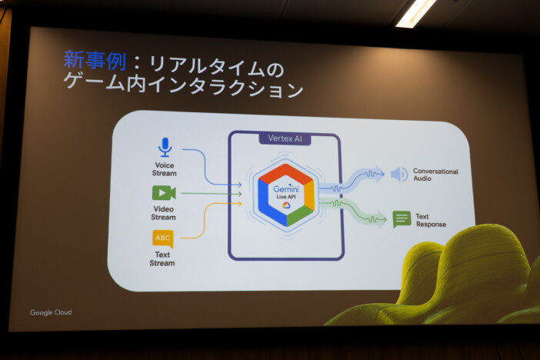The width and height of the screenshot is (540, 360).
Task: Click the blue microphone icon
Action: pos(164,147)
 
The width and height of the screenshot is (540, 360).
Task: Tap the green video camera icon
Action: pos(163,193)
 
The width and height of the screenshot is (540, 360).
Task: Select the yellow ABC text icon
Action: pos(163,238)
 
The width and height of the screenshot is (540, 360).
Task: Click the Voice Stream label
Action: pos(164,169)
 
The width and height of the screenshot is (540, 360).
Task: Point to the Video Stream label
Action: pos(163,213)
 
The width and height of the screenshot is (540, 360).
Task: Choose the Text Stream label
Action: pos(162,258)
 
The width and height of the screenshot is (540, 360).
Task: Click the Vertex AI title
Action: pos(285,138)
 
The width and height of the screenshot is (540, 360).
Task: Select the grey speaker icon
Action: pos(399,175)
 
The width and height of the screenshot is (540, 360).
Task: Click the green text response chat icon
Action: pos(402,219)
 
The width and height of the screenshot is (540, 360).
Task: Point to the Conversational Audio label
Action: pos(435,175)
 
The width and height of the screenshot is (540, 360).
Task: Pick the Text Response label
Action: pos(431,221)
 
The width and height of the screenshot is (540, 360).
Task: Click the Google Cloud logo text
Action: pos(51,312)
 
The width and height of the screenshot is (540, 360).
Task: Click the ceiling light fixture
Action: pos(416,12)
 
